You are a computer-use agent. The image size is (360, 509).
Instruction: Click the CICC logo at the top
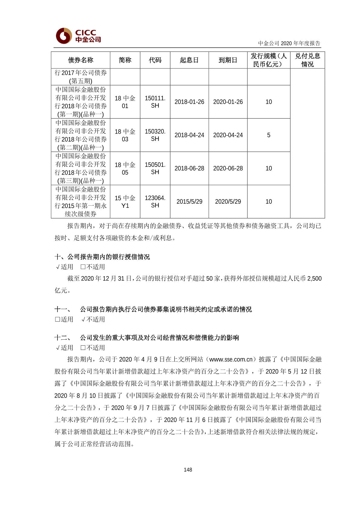coord(78,36)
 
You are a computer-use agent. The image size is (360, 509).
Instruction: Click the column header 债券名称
coord(80,60)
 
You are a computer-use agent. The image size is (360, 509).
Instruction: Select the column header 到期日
coord(228,60)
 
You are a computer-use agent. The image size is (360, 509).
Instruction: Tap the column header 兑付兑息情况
coord(307,60)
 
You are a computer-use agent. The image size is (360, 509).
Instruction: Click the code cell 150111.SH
coord(155,102)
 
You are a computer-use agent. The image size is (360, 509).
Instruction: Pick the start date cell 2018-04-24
coord(189,135)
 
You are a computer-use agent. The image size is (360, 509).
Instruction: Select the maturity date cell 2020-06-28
coord(228,168)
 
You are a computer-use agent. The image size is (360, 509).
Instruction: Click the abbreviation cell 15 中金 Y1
coord(125,202)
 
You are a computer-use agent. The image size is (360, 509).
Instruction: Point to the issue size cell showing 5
coord(269,135)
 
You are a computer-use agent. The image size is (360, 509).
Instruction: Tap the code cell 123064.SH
coord(155,202)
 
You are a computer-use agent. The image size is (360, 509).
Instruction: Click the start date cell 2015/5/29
coord(189,202)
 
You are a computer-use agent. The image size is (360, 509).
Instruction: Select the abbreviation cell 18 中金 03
coord(125,135)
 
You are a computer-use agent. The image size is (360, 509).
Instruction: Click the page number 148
coord(188,470)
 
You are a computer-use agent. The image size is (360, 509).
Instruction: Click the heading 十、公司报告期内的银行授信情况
coord(102,257)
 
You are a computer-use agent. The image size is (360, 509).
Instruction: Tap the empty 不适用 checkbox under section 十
coord(83,267)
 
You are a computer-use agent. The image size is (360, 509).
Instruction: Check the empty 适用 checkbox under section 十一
coord(57,319)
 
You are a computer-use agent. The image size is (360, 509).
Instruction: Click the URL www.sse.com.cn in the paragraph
coord(231,359)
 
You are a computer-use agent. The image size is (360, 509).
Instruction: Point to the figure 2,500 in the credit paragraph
coord(314,279)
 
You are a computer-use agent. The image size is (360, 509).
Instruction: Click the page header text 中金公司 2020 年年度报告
coord(289,43)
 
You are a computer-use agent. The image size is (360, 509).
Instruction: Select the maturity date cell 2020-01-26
coord(228,102)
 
